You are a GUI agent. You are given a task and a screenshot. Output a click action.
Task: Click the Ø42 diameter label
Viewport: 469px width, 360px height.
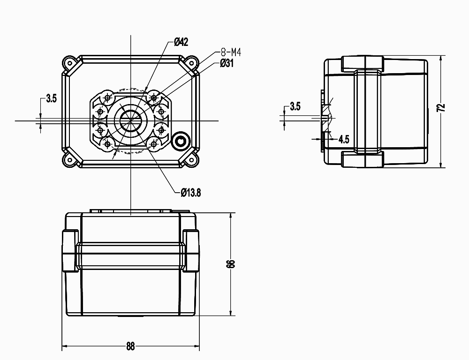point(181,42)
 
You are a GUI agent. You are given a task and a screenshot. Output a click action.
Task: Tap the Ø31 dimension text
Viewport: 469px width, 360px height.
point(227,63)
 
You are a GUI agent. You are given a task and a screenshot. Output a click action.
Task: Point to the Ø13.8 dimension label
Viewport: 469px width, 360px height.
point(190,192)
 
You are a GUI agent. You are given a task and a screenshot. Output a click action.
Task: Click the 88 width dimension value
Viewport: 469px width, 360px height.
point(130,346)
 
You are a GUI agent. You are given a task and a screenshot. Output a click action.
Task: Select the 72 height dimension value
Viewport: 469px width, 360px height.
point(440,107)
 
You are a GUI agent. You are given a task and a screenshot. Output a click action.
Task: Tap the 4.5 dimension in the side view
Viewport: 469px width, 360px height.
point(343,139)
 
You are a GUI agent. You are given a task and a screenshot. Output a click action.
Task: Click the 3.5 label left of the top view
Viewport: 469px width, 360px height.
point(51,99)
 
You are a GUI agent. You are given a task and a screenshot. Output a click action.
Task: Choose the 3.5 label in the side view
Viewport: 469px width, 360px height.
point(295,106)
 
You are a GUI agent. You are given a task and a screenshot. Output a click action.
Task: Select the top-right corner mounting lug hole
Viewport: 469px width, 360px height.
point(191,62)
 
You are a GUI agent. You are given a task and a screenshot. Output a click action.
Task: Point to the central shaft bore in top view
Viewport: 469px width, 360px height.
point(130,120)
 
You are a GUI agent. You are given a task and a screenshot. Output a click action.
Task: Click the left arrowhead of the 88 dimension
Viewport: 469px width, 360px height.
point(64,347)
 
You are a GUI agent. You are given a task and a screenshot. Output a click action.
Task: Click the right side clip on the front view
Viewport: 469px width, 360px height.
point(191,251)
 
